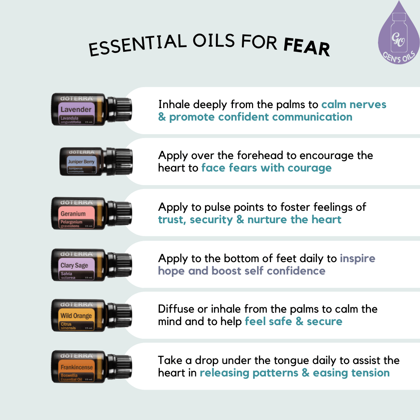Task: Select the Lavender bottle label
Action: [x=76, y=109]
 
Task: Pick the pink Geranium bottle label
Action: [x=76, y=213]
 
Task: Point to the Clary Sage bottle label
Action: [x=76, y=265]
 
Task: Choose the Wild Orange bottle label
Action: [x=76, y=316]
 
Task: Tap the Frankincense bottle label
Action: [x=76, y=367]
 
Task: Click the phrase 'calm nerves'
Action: [x=353, y=105]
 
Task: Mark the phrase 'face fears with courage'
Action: [x=266, y=168]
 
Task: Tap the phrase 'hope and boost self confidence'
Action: [x=241, y=271]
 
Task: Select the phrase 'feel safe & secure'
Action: [x=294, y=322]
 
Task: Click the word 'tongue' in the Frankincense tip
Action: [x=320, y=360]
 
